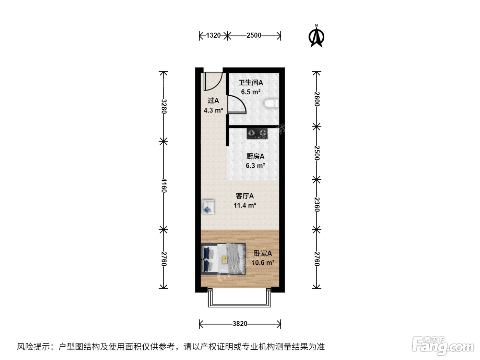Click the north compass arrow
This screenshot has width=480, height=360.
316,36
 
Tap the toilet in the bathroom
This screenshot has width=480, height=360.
271,103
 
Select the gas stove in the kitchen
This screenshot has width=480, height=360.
257,133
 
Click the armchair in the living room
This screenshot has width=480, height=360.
208,207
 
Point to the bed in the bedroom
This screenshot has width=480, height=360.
223,259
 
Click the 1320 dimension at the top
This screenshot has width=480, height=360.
213,35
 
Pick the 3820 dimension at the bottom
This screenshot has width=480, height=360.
240,324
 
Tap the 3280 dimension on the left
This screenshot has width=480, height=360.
164,106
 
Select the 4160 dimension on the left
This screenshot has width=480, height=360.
164,185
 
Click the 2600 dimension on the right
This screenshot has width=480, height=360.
317,99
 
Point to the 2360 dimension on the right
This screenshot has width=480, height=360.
317,205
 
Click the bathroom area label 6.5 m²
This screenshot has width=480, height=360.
251,92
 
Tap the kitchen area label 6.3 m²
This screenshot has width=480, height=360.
255,166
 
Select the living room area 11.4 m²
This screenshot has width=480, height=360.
245,205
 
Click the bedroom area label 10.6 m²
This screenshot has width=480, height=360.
263,263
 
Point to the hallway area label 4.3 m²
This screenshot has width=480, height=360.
214,110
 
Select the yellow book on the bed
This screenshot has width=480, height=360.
225,260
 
